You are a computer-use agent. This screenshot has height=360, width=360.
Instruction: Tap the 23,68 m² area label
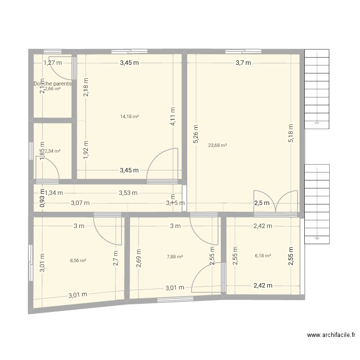coord(217,145)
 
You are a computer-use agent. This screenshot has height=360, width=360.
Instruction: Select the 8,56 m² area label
coord(78,261)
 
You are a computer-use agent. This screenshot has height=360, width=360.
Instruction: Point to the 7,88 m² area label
coord(175,257)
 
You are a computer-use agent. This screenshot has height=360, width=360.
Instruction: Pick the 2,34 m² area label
coord(52,151)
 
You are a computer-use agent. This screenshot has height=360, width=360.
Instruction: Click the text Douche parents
coord(52,84)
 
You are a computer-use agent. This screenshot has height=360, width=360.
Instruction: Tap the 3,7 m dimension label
coord(243,62)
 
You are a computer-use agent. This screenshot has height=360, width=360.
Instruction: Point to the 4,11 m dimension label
coord(172,116)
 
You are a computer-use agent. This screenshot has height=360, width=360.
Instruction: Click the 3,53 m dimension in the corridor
coord(128,193)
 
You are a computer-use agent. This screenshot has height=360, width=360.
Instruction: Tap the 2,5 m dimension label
coord(262,203)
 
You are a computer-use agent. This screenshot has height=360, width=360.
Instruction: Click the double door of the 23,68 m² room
coord(276,202)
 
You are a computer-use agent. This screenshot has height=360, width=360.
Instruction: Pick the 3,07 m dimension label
coord(80,203)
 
